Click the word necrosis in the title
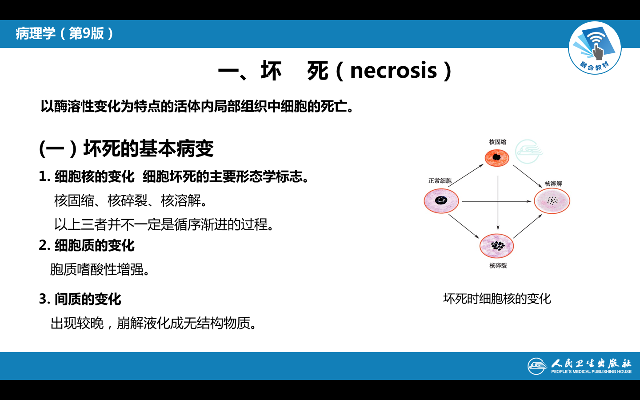coord(393,71)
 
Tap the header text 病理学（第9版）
coord(65,33)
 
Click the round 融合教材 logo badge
coord(595,48)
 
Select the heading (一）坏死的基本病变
coord(126,148)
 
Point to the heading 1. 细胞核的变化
coord(87,176)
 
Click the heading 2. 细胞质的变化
coord(87,245)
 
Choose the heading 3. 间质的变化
coord(80,299)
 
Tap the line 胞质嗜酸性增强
coord(100,269)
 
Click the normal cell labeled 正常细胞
coord(441,200)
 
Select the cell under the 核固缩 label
coord(497,157)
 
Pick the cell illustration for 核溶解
coord(552,201)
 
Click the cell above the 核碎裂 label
coord(497,246)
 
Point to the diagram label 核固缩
coord(497,142)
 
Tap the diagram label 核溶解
coord(553,184)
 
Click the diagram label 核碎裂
coord(498,266)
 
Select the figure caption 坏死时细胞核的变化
coord(497,299)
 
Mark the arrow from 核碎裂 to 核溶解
coord(528,226)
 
